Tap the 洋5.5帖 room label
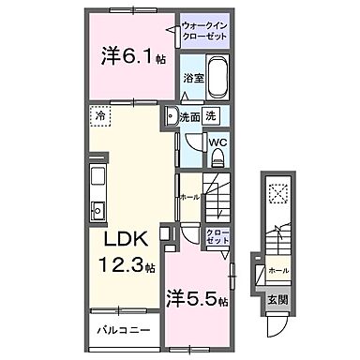click(198, 300)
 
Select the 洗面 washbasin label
click(187, 119)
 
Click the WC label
click(217, 142)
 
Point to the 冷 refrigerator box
click(99, 118)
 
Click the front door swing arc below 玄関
click(277, 324)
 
